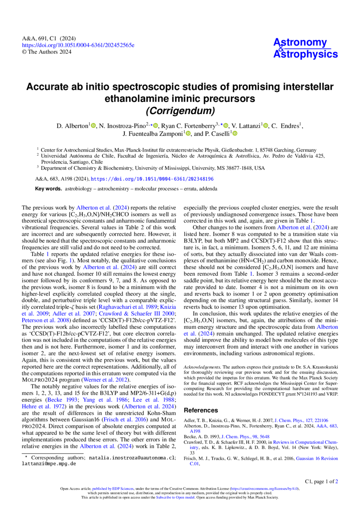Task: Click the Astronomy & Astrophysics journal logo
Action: point(305,48)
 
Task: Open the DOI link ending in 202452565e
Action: point(78,45)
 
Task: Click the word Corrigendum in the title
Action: point(180,111)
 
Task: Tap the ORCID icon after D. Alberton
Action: point(93,125)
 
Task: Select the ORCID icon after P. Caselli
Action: point(235,133)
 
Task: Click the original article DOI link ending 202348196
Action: point(152,179)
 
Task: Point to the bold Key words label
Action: point(48,189)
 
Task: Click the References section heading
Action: point(201,410)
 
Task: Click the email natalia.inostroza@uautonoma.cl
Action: point(132,458)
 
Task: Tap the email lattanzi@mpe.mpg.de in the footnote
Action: point(49,463)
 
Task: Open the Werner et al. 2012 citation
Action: point(106,380)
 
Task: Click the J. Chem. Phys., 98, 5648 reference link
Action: point(245,437)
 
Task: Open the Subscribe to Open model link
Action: point(175,497)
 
